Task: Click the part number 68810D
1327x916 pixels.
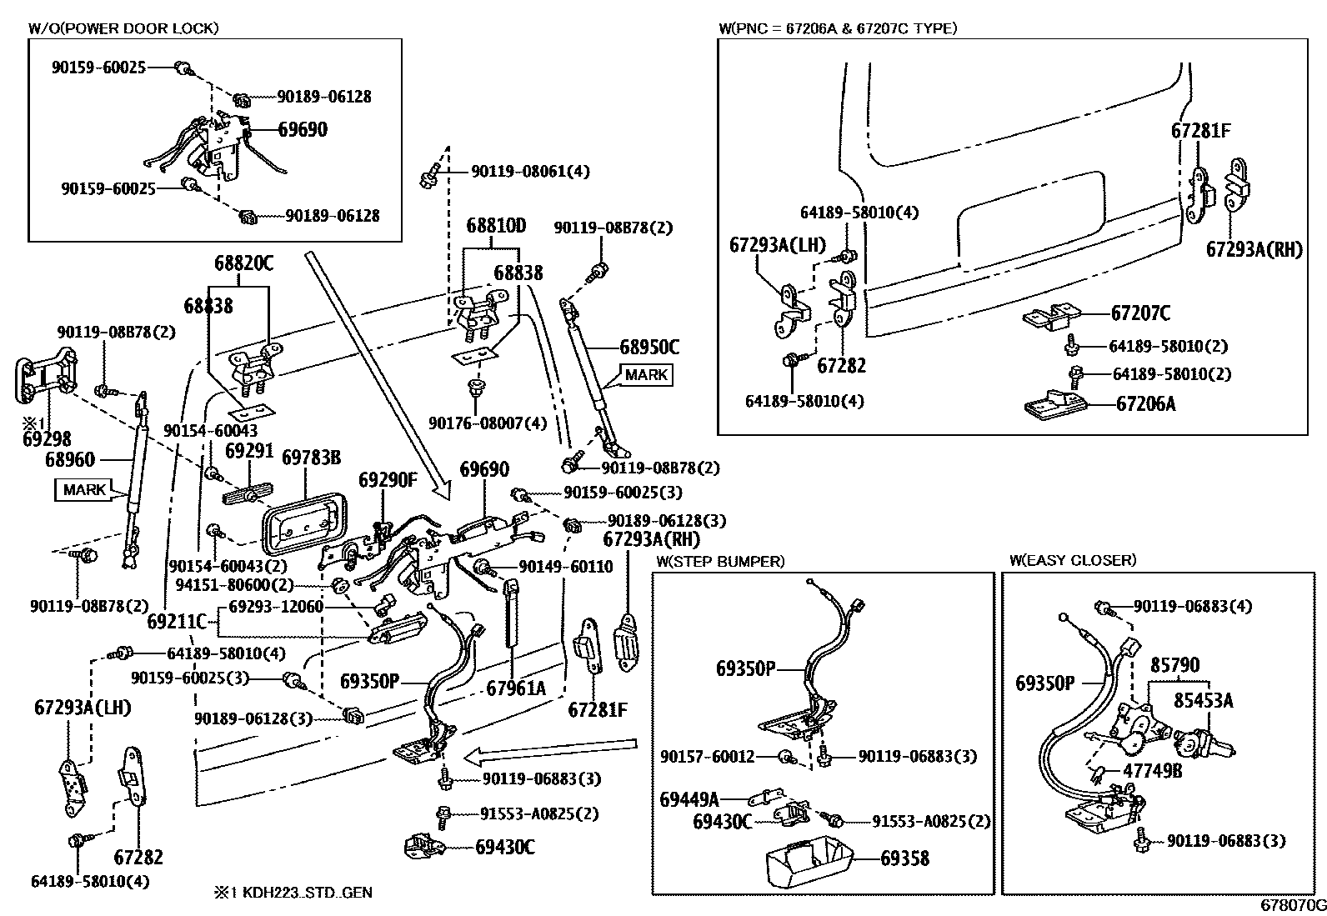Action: [497, 225]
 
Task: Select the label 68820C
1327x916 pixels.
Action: [243, 263]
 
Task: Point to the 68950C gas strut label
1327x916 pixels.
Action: [649, 346]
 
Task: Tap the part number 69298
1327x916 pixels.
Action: [47, 438]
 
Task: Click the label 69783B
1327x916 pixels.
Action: [311, 457]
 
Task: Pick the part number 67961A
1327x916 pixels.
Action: [516, 688]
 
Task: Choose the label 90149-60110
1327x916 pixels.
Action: [565, 567]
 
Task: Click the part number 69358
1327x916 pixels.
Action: [904, 858]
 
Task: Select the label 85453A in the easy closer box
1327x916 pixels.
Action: [1203, 700]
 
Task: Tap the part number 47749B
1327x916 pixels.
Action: [1152, 771]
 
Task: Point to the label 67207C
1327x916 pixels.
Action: [1140, 313]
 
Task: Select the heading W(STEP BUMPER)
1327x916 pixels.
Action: [720, 561]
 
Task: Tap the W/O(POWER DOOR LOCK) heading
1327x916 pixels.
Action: [123, 28]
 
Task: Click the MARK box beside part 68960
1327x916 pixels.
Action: [85, 489]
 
